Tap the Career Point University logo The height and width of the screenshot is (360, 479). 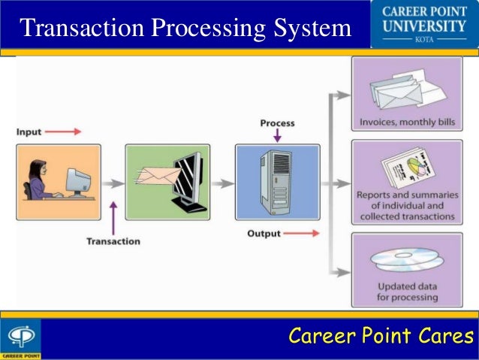pyautogui.click(x=426, y=25)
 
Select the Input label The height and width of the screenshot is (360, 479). pyautogui.click(x=29, y=132)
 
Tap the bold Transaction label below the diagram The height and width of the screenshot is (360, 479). pyautogui.click(x=113, y=241)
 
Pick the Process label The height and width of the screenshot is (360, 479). pyautogui.click(x=277, y=123)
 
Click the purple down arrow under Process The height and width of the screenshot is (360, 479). pyautogui.click(x=277, y=135)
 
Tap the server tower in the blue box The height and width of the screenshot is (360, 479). pyautogui.click(x=276, y=180)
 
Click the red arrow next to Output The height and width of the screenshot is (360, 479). pyautogui.click(x=301, y=234)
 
